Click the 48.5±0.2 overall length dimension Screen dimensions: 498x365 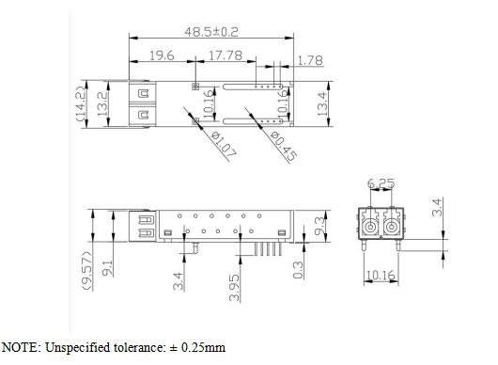pyautogui.click(x=211, y=32)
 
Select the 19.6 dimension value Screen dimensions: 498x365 pyautogui.click(x=162, y=56)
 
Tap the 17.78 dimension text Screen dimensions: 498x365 pyautogui.click(x=226, y=56)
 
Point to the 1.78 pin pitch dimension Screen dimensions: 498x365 pyautogui.click(x=310, y=60)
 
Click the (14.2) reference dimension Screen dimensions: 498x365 pyautogui.click(x=81, y=104)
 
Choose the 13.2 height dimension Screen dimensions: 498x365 pyautogui.click(x=103, y=104)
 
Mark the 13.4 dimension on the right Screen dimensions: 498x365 pyautogui.click(x=322, y=104)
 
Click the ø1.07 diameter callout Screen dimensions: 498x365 pyautogui.click(x=224, y=145)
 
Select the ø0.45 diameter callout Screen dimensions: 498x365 pyautogui.click(x=284, y=146)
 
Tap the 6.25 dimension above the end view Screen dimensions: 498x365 pyautogui.click(x=381, y=183)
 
